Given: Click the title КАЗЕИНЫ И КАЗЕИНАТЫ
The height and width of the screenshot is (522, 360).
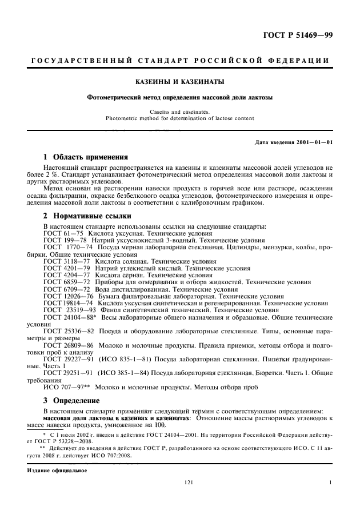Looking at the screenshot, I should pyautogui.click(x=179, y=81).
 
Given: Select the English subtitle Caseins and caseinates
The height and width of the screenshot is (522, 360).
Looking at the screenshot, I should pyautogui.click(x=179, y=112).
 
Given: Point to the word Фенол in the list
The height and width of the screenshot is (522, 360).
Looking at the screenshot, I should pyautogui.click(x=112, y=310).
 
